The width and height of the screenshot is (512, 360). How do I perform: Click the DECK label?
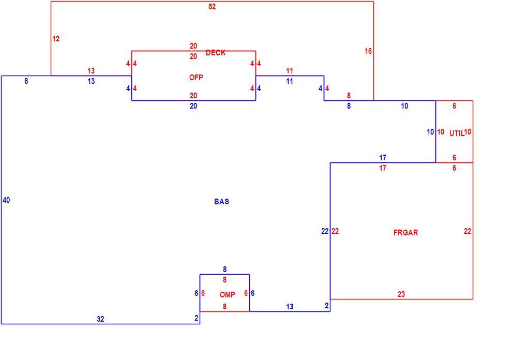[216, 53]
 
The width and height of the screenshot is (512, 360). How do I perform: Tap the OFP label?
[196, 78]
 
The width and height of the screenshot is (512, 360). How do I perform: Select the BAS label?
[221, 202]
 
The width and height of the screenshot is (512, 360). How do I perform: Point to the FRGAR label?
[405, 233]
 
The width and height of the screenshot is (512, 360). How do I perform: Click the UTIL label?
[457, 133]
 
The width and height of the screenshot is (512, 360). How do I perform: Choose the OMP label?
[227, 295]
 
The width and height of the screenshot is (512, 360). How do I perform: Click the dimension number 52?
[212, 7]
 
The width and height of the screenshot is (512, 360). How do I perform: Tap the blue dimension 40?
[6, 200]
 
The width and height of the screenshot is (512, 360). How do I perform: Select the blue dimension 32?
[100, 319]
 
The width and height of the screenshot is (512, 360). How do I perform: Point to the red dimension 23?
[401, 294]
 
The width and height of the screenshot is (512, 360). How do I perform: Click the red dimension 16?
[368, 51]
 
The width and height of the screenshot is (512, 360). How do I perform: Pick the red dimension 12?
[56, 39]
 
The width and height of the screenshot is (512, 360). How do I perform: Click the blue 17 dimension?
[383, 158]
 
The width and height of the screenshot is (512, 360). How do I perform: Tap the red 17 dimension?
[383, 168]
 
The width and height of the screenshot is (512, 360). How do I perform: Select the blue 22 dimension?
[325, 231]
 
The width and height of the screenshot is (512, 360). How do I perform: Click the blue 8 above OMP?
[224, 269]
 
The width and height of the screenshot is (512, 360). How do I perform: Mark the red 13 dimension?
[91, 71]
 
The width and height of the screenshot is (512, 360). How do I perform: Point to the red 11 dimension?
[290, 71]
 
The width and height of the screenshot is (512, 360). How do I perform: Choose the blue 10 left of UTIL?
[430, 132]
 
